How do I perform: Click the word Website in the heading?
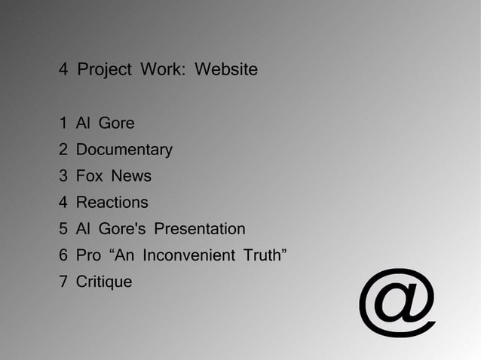(x=226, y=70)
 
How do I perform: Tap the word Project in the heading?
(x=105, y=70)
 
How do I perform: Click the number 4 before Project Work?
(x=63, y=70)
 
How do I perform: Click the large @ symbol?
(x=397, y=302)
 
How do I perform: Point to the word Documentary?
(x=124, y=150)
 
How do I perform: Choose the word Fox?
(x=90, y=176)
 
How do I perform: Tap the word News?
(x=131, y=176)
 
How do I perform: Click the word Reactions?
(x=112, y=203)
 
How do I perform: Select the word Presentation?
(x=200, y=229)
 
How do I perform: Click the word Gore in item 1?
(x=117, y=123)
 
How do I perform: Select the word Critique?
(x=104, y=282)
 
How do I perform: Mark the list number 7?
(x=63, y=282)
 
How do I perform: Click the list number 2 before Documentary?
(x=63, y=150)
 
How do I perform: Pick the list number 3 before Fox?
(x=63, y=176)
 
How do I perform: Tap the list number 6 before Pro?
(x=63, y=255)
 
